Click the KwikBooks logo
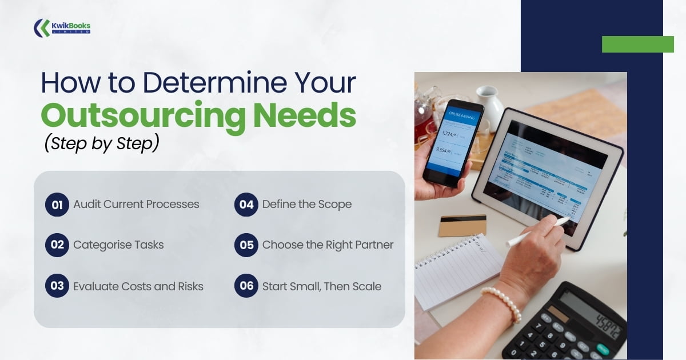pyautogui.click(x=62, y=27)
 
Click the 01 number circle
pyautogui.click(x=57, y=205)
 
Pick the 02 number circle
pyautogui.click(x=57, y=245)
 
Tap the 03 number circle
pyautogui.click(x=57, y=286)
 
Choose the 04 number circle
pyautogui.click(x=246, y=205)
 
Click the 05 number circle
pyautogui.click(x=246, y=245)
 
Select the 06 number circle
pyautogui.click(x=246, y=286)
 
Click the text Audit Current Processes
pyautogui.click(x=136, y=205)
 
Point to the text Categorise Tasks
pyautogui.click(x=118, y=245)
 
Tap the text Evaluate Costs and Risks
pyautogui.click(x=138, y=286)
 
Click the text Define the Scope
pyautogui.click(x=307, y=205)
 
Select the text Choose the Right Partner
pyautogui.click(x=328, y=245)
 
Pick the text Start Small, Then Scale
pyautogui.click(x=322, y=286)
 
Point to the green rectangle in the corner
pyautogui.click(x=637, y=44)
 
